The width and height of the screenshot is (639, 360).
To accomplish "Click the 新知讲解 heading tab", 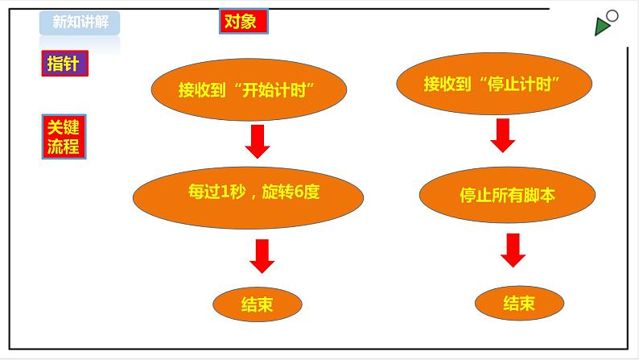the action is [80, 23].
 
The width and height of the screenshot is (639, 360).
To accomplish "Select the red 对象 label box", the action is [243, 22].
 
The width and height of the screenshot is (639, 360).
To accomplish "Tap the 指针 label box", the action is [64, 64].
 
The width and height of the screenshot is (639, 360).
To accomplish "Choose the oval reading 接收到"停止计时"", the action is [494, 84].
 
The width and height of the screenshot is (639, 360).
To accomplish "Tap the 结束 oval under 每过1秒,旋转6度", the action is [257, 304].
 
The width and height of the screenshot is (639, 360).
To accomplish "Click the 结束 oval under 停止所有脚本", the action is [518, 304].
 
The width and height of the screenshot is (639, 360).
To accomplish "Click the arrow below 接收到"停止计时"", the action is [502, 135].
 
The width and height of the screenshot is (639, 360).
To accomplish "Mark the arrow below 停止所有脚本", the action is [513, 250].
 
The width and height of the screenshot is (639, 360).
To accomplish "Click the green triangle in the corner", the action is [601, 27].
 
